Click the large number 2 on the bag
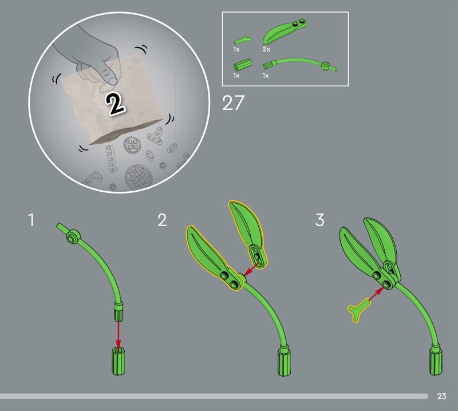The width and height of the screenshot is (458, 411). (115, 105)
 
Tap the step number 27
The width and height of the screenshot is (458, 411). (233, 103)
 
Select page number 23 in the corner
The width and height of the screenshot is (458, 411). (441, 396)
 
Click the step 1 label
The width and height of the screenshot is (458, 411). (31, 220)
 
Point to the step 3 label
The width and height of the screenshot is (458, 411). (320, 220)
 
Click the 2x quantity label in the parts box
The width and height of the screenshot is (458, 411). (266, 49)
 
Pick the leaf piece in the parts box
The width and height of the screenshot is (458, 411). (284, 31)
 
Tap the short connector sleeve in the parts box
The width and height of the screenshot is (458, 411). (243, 64)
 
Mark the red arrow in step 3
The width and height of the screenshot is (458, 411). (377, 294)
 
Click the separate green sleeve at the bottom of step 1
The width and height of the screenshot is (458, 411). (119, 361)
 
